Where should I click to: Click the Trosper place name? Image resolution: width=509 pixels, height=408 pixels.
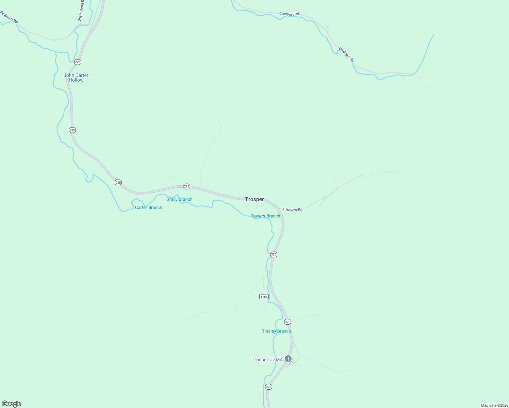pyautogui.click(x=254, y=199)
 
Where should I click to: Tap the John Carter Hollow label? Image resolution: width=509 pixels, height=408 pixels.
pyautogui.click(x=76, y=78)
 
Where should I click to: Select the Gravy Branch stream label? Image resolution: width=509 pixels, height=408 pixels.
pyautogui.click(x=179, y=199)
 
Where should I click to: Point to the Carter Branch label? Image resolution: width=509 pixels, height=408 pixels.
pyautogui.click(x=148, y=207)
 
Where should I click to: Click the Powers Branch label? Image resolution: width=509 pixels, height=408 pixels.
pyautogui.click(x=265, y=216)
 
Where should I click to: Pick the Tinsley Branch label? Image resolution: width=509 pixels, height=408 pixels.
pyautogui.click(x=276, y=331)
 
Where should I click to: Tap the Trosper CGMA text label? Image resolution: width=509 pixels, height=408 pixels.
pyautogui.click(x=267, y=359)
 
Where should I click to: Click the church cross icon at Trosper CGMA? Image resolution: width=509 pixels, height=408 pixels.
pyautogui.click(x=288, y=359)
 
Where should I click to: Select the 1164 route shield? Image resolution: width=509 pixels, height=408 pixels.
pyautogui.click(x=264, y=296)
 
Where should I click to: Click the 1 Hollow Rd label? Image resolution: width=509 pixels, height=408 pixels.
pyautogui.click(x=292, y=210)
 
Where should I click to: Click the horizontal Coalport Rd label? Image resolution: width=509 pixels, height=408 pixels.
pyautogui.click(x=289, y=14)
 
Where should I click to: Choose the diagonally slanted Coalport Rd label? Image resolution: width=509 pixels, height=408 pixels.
pyautogui.click(x=346, y=54)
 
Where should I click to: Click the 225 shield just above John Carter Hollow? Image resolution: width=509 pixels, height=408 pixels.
pyautogui.click(x=78, y=62)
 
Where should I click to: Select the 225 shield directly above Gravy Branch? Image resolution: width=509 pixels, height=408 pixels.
pyautogui.click(x=186, y=186)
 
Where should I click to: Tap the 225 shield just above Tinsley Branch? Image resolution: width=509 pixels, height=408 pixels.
pyautogui.click(x=288, y=322)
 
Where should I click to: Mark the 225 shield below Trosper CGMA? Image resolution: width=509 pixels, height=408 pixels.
pyautogui.click(x=268, y=387)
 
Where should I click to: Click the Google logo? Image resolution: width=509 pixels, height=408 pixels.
pyautogui.click(x=12, y=404)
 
